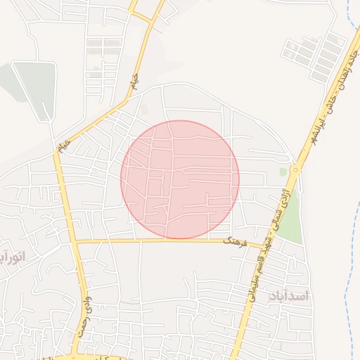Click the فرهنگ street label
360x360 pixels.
(x=233, y=241)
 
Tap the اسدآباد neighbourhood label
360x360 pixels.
(x=288, y=296)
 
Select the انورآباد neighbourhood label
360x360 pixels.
(x=13, y=257)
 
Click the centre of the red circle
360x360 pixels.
(x=180, y=179)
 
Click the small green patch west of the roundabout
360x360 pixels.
(x=283, y=172)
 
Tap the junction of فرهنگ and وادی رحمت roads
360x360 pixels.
(x=75, y=242)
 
